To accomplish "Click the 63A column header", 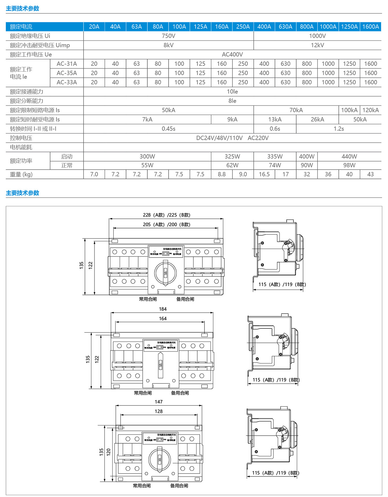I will click(136, 27).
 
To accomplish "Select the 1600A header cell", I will click(370, 27).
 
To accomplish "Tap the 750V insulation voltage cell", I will click(168, 36).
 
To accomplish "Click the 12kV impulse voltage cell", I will click(317, 45).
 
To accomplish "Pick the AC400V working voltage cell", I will click(232, 54).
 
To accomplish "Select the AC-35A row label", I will click(67, 73).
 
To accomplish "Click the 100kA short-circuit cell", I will click(349, 110).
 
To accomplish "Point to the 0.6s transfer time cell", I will click(275, 128).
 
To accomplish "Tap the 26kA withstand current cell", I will click(317, 119).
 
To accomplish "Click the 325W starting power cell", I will click(232, 156).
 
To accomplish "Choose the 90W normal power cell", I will click(307, 165).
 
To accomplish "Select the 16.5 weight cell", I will click(264, 174).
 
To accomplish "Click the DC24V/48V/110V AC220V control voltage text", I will click(232, 138).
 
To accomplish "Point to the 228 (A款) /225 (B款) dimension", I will click(166, 215).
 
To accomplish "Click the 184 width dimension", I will click(163, 309).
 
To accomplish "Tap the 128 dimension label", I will click(158, 411).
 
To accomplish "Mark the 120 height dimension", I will click(109, 452).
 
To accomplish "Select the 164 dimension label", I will click(163, 319).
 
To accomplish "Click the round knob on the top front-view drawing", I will click(165, 273).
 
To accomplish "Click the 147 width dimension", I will click(158, 402).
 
